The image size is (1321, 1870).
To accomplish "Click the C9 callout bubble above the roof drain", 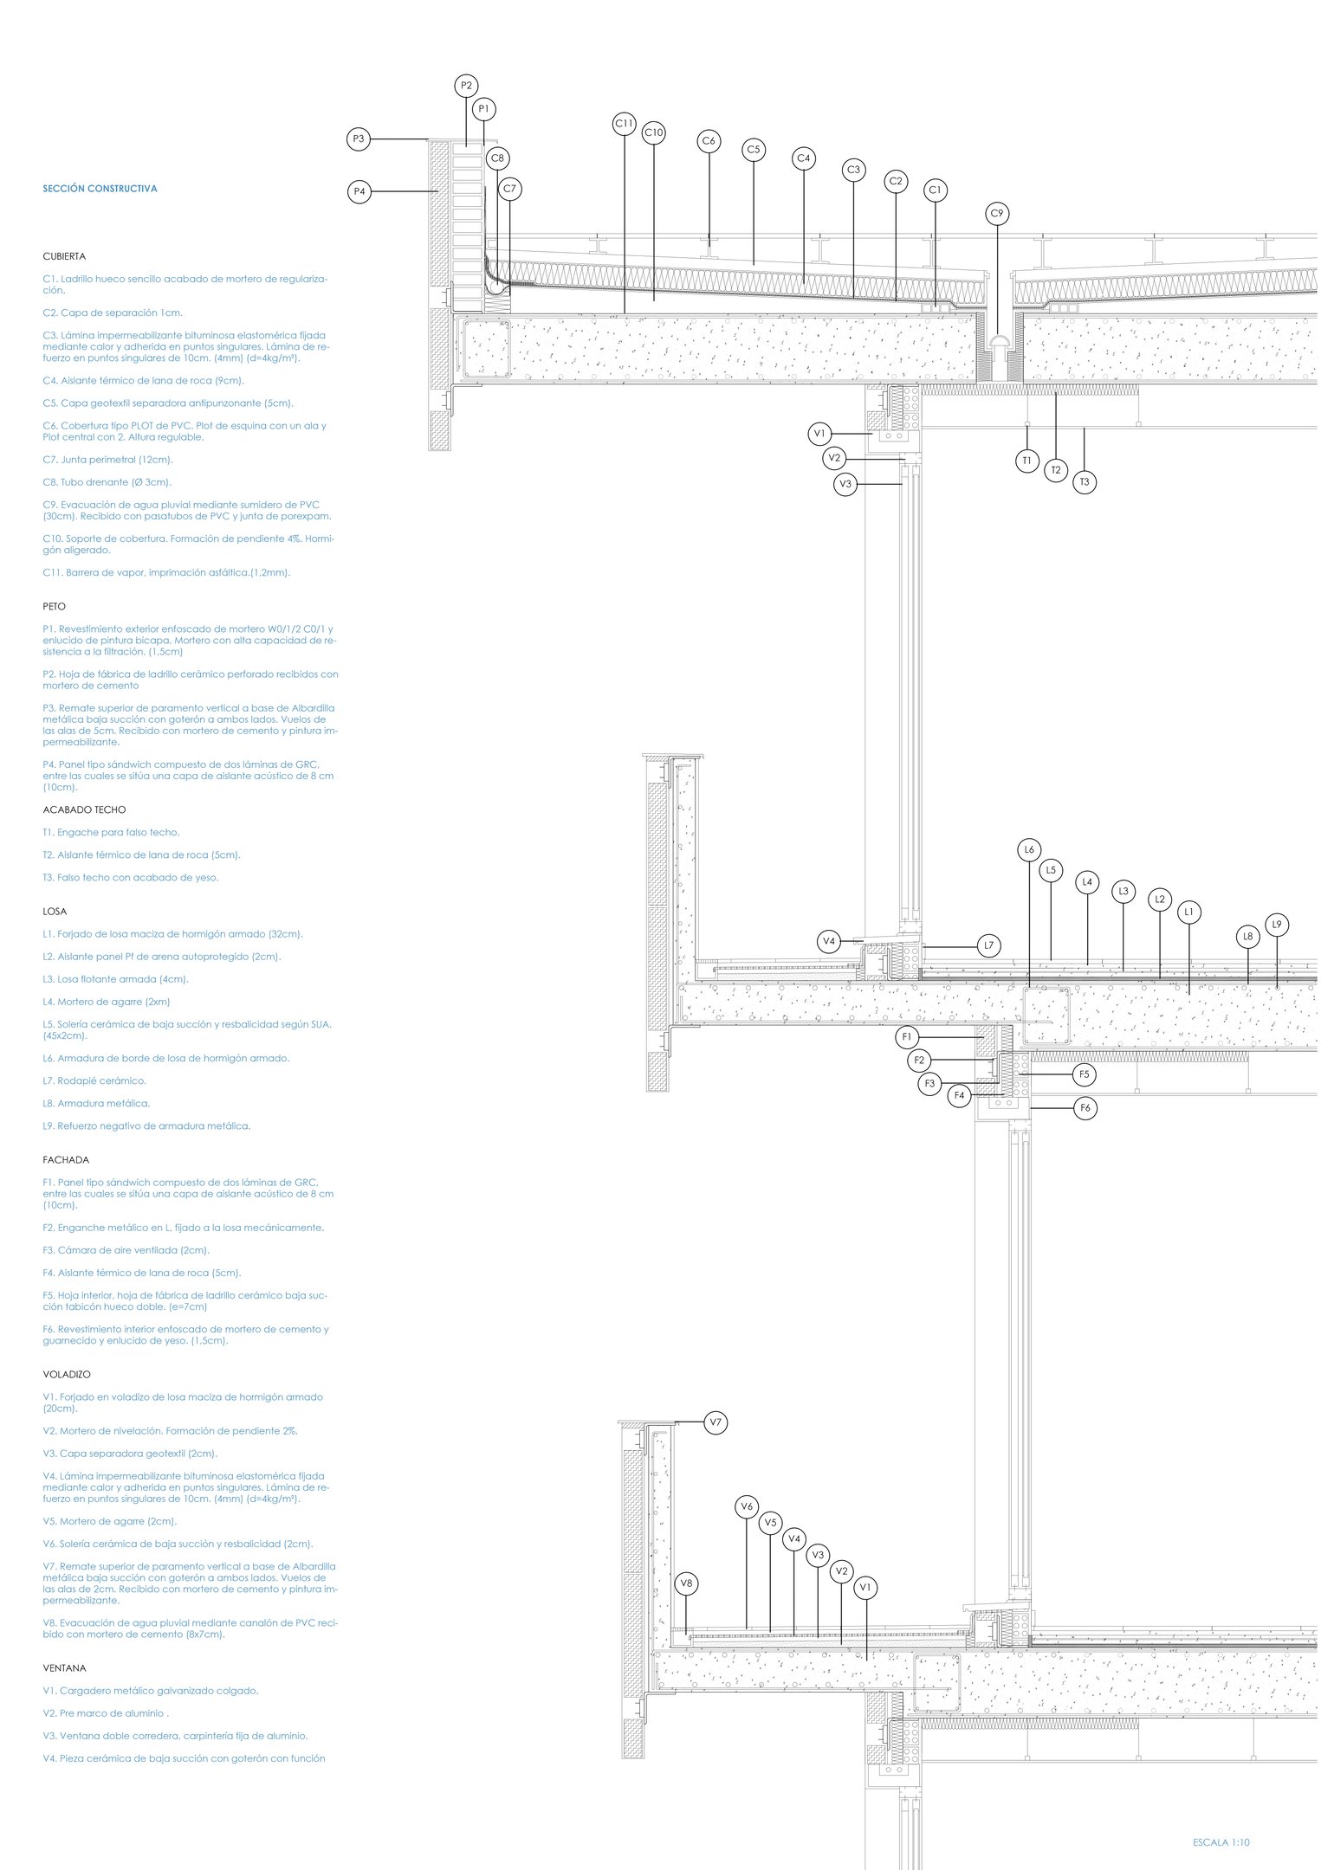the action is tap(997, 213).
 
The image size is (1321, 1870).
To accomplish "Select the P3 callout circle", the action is tap(359, 139).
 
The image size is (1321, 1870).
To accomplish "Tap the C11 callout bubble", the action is tap(625, 124).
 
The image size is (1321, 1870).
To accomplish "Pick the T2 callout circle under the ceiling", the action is tap(1055, 470).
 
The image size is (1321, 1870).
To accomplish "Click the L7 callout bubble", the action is tap(988, 946).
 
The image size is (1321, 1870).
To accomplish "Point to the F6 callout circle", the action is tap(1085, 1107).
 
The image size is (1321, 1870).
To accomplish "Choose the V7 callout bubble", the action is tap(716, 1422).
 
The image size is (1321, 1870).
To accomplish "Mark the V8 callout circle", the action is tap(686, 1583).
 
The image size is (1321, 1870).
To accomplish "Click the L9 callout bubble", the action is tap(1277, 925).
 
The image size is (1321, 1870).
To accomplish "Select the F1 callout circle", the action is tap(907, 1036).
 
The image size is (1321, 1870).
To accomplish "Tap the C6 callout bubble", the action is tap(709, 141).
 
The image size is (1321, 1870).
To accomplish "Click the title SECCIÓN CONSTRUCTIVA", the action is tap(100, 188).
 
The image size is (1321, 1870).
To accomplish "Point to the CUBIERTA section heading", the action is tap(64, 256).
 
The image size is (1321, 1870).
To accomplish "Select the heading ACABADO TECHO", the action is tap(84, 809).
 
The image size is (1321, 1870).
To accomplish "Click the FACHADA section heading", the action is tap(66, 1159).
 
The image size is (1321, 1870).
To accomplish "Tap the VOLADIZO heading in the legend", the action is tap(67, 1374).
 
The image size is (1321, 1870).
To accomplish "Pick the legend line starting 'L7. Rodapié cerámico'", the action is tap(94, 1080).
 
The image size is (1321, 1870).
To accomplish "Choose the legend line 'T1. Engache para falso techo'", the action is tap(111, 832).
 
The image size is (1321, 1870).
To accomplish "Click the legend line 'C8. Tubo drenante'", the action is tap(107, 482).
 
